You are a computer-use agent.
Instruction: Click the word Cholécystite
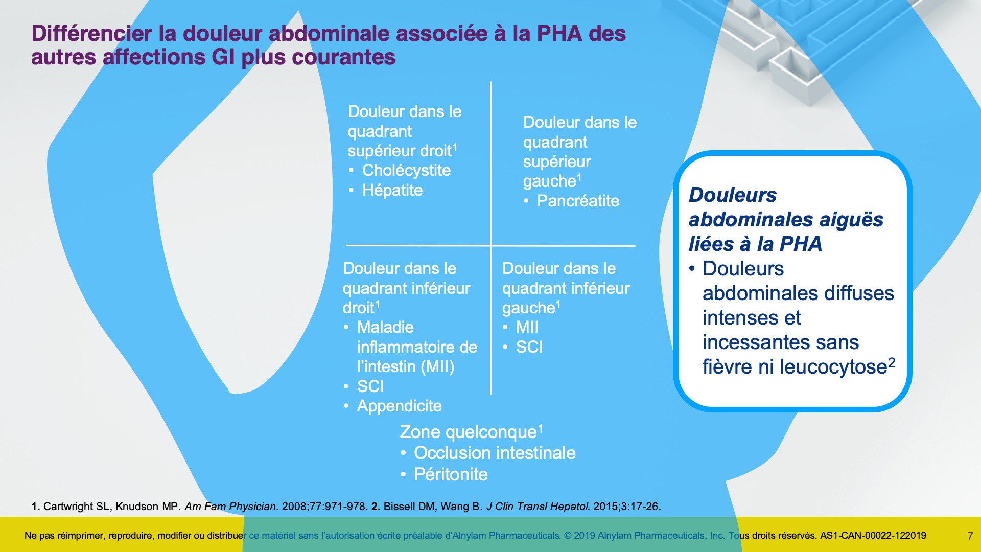[406, 170]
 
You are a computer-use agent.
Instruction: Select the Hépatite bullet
[392, 190]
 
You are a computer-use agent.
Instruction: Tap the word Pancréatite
[578, 201]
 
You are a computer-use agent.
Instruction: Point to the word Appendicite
[399, 406]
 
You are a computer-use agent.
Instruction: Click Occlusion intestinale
[495, 453]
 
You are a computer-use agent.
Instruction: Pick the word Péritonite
[451, 474]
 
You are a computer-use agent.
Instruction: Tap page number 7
[970, 536]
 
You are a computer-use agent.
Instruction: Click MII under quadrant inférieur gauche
[527, 327]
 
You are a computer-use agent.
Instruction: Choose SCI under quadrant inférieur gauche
[529, 347]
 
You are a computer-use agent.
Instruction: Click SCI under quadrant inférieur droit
[370, 386]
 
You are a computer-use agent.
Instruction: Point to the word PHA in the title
[559, 34]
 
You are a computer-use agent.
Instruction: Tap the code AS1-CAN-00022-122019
[873, 536]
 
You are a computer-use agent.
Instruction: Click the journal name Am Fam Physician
[230, 507]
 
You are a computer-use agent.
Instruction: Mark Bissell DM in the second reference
[409, 507]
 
